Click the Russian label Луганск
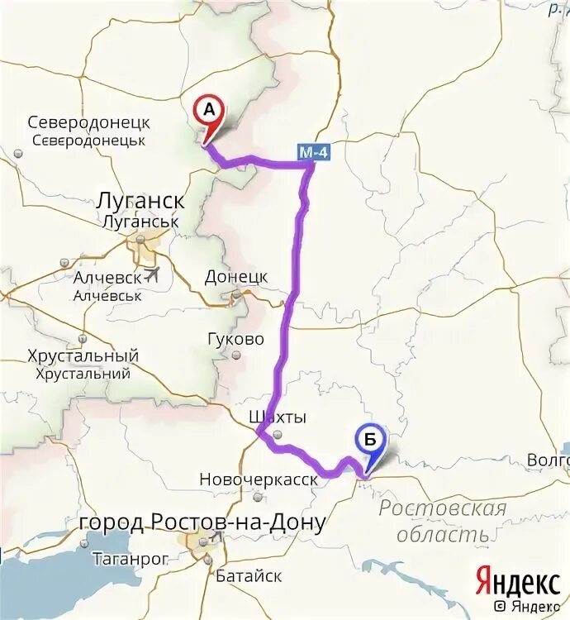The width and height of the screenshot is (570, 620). tap(140, 201)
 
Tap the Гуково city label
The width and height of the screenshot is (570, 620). tap(236, 339)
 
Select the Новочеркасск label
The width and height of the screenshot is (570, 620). tap(259, 479)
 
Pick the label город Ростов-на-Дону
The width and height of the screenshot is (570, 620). tap(202, 522)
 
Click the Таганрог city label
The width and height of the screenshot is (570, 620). tap(130, 559)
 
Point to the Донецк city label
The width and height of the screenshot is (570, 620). tap(235, 276)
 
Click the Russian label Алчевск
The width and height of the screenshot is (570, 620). tap(107, 278)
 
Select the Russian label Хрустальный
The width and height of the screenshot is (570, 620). tap(83, 356)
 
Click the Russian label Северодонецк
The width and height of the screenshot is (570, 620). tap(88, 122)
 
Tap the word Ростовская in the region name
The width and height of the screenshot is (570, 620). tap(442, 508)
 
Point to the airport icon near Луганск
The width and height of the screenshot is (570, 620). tap(151, 274)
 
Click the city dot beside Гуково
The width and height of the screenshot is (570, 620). tap(236, 355)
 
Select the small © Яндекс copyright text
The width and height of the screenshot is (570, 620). tap(525, 607)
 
